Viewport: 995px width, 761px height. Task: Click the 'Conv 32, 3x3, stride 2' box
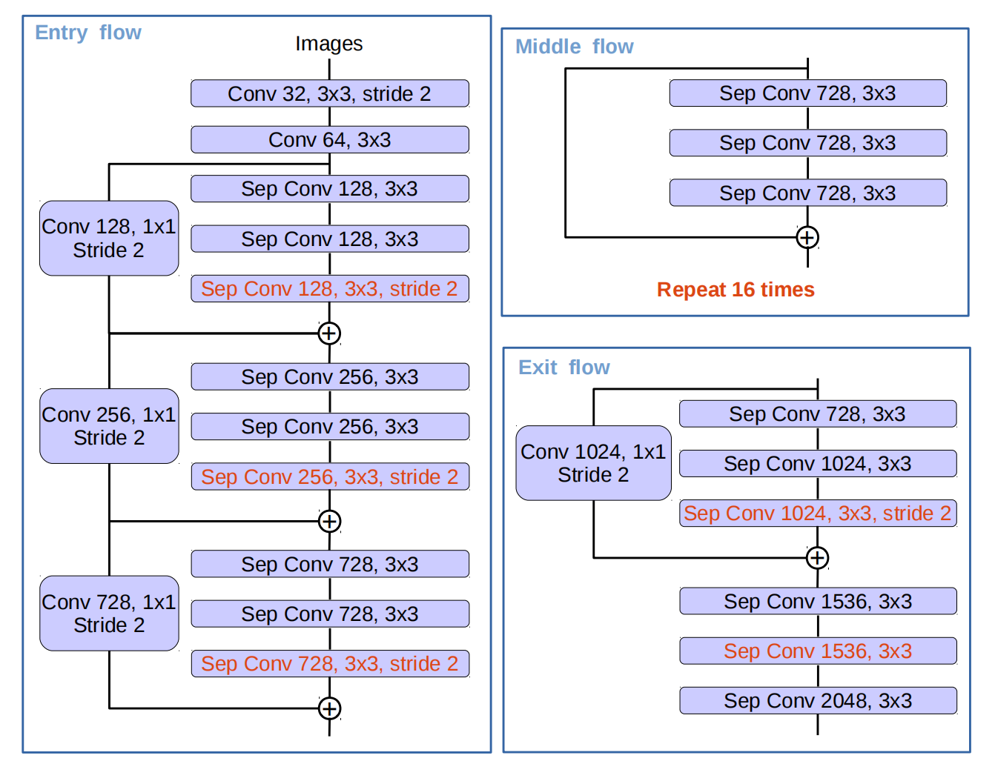[329, 93]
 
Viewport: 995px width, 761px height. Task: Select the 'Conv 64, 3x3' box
[329, 139]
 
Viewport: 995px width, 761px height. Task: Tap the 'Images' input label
[328, 44]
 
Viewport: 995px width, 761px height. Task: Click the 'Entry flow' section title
[88, 33]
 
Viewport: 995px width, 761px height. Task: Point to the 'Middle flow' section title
[575, 47]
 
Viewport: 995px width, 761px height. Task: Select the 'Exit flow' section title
[564, 368]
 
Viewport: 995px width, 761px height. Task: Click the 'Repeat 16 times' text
[735, 290]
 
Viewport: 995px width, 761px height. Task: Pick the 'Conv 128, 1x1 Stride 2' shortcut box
[109, 239]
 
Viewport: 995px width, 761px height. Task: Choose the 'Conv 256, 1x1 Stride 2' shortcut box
[109, 426]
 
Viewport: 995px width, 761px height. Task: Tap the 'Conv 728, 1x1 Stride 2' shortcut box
[109, 614]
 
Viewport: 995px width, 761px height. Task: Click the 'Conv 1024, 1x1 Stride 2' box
[593, 463]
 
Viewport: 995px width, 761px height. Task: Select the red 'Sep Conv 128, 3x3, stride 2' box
[329, 288]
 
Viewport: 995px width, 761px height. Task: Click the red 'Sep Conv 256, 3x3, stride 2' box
[330, 476]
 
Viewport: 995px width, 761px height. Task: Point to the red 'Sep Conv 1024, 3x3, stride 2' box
[818, 514]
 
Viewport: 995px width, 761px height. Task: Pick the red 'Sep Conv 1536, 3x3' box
[818, 651]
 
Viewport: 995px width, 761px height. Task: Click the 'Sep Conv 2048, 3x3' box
[818, 701]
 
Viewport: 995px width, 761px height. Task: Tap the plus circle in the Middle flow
[807, 237]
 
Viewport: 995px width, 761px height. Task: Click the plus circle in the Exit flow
[817, 558]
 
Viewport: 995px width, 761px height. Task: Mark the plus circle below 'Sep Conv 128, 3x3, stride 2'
[329, 333]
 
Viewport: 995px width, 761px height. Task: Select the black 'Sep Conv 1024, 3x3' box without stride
[818, 463]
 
